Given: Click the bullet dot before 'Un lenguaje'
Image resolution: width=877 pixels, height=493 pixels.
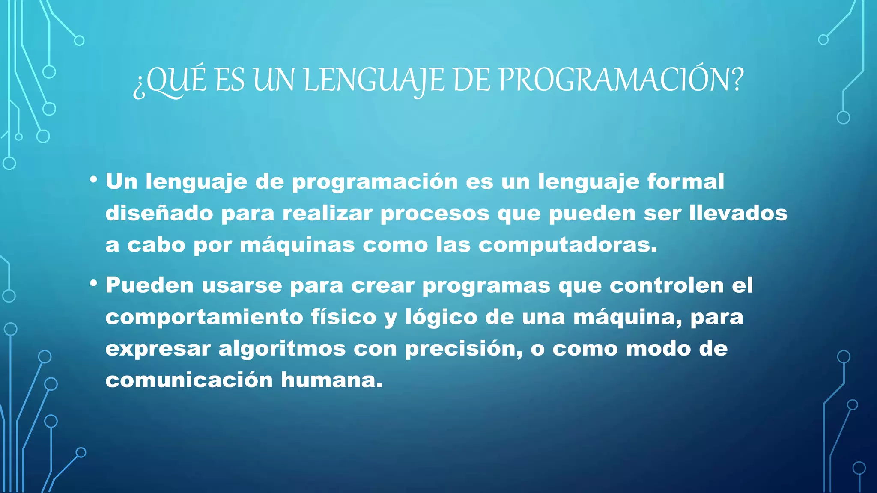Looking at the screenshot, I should (x=93, y=179).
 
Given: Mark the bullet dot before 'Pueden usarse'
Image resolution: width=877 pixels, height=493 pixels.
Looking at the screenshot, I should (x=93, y=283).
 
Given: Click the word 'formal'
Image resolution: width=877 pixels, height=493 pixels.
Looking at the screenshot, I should (x=686, y=181).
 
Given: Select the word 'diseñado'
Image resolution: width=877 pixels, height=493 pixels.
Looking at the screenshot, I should (x=159, y=213).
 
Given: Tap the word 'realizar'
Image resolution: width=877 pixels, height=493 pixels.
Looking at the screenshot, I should (x=328, y=213).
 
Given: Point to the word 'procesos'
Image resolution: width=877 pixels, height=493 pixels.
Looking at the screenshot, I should (x=435, y=213).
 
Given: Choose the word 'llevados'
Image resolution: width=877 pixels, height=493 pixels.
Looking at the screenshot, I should (x=738, y=213).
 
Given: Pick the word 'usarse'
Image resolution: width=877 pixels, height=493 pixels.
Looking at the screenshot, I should (x=242, y=285).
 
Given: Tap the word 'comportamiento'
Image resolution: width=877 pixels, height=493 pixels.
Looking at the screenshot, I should (x=204, y=317).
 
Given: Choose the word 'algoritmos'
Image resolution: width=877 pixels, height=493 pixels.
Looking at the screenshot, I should (x=282, y=349).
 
